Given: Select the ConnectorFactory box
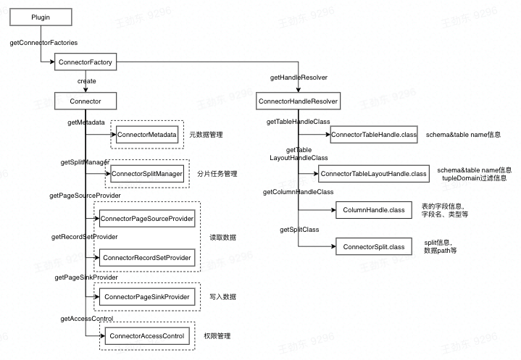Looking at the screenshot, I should click(84, 63).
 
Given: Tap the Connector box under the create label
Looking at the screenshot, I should click(85, 101).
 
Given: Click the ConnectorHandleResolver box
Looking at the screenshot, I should click(299, 101).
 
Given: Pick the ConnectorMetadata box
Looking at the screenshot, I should click(147, 135).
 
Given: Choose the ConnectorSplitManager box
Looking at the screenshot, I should click(147, 174).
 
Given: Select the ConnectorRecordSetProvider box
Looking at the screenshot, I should click(147, 258).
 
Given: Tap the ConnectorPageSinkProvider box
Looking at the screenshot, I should click(147, 297).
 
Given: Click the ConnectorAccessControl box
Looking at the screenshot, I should click(147, 335).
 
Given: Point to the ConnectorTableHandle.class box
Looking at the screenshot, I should click(374, 135).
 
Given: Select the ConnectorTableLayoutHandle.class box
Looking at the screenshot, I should click(374, 174).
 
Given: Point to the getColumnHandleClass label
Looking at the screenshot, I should click(298, 192).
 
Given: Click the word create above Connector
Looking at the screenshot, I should click(86, 81).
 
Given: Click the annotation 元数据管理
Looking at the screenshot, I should click(207, 135).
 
